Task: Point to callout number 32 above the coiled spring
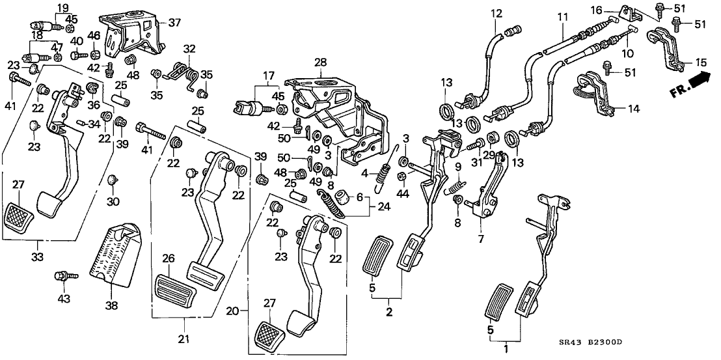[x=189, y=48]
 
